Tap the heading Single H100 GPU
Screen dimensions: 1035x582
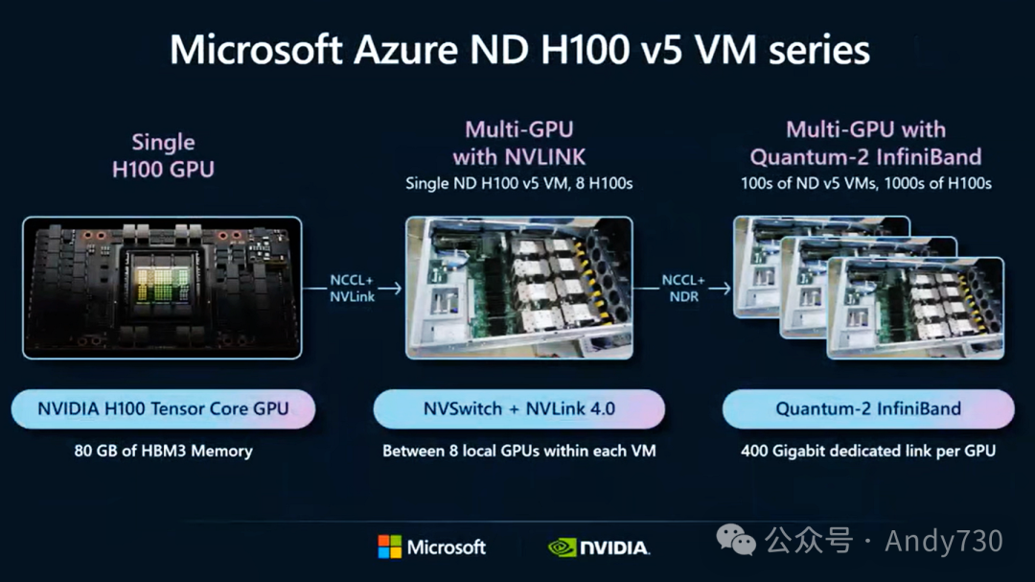(163, 156)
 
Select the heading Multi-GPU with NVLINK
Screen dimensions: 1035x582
(518, 143)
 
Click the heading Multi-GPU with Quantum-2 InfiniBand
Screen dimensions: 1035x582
(865, 143)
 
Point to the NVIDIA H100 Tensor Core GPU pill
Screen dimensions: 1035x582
(163, 408)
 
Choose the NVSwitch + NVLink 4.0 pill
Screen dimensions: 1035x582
(518, 408)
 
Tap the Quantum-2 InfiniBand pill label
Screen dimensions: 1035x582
(867, 408)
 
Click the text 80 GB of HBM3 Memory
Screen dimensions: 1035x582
(163, 451)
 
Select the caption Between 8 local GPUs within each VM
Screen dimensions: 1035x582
(518, 451)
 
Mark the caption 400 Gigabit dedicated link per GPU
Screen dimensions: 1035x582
(867, 451)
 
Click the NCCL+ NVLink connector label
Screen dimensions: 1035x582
(352, 288)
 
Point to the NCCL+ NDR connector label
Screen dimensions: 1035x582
(684, 288)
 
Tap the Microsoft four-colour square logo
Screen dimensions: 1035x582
(390, 547)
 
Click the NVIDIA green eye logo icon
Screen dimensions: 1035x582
(562, 547)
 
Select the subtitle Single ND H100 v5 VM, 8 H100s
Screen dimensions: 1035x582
(518, 183)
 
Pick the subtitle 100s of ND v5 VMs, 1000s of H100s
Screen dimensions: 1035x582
(865, 183)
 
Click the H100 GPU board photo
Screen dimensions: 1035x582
(162, 288)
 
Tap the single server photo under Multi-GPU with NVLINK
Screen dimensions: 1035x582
(518, 288)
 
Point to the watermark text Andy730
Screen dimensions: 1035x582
(943, 542)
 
